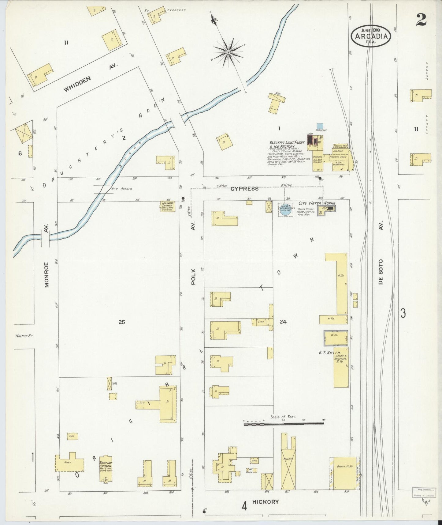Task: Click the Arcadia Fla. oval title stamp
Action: click(371, 36)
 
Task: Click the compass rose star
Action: click(228, 52)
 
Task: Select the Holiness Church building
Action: click(167, 206)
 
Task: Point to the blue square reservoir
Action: click(320, 126)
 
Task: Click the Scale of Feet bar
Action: click(284, 424)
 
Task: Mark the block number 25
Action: click(122, 322)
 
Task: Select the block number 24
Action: click(283, 322)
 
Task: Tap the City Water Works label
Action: click(317, 203)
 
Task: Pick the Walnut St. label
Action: click(24, 336)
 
